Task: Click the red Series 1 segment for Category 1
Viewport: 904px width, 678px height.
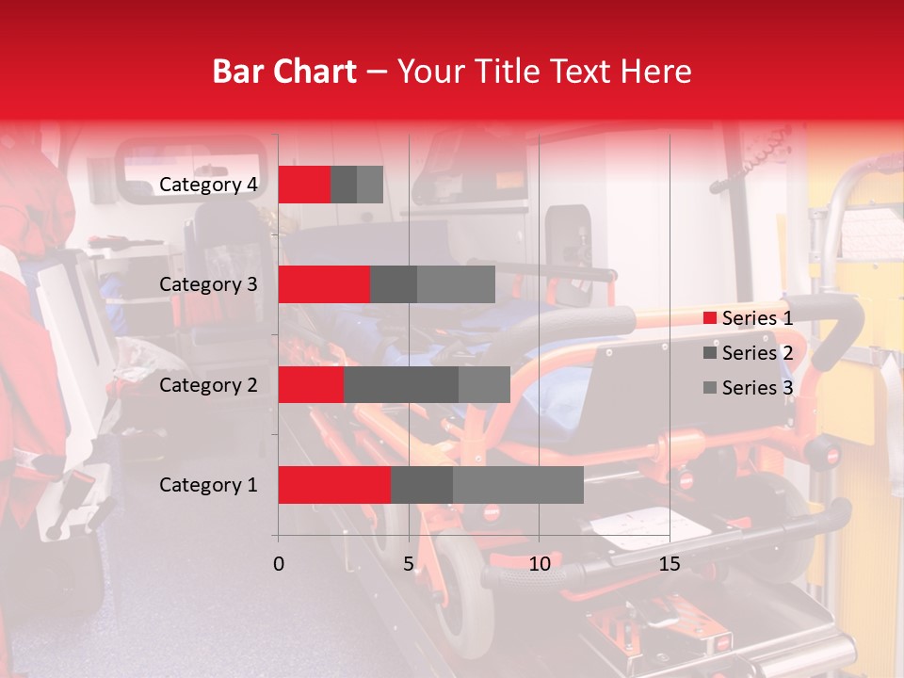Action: tap(334, 485)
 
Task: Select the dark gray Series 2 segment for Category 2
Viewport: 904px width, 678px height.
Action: tap(401, 384)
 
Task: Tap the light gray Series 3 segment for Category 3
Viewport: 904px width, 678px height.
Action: tap(456, 284)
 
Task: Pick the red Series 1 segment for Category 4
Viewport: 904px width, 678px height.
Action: tap(304, 185)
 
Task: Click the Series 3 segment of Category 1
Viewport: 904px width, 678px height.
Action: tap(518, 485)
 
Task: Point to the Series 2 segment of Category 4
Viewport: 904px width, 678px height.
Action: tap(344, 185)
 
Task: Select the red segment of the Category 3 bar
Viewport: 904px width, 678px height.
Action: tap(324, 284)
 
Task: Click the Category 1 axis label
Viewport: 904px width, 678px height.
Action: tap(208, 485)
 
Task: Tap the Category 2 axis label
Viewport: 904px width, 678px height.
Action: tap(208, 384)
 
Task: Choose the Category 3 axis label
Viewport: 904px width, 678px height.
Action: tap(208, 284)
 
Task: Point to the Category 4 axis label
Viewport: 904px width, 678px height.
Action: tap(208, 185)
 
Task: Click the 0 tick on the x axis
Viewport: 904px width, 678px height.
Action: tap(279, 564)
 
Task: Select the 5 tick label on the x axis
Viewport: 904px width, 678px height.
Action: tap(409, 564)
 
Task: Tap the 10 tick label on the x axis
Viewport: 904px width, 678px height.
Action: tap(539, 564)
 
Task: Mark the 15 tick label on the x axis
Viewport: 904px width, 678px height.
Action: tap(670, 564)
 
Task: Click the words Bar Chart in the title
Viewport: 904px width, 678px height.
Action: tap(284, 72)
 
